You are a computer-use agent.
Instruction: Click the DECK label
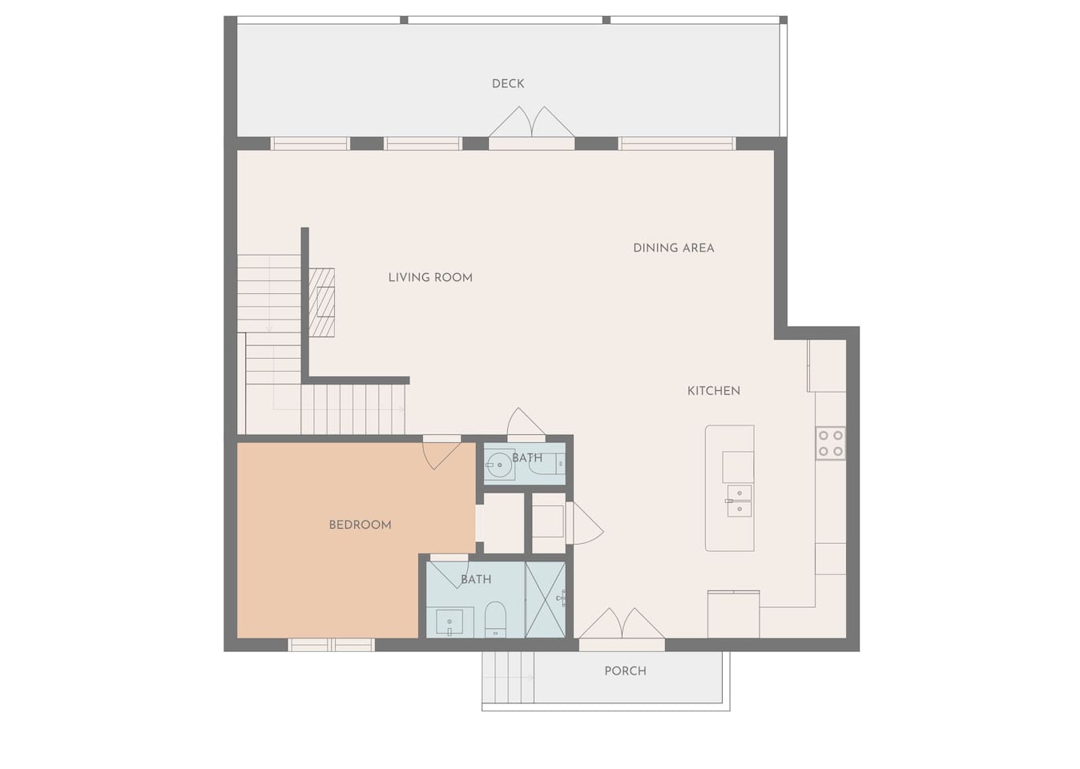(508, 83)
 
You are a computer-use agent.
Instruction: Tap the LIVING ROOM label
(430, 277)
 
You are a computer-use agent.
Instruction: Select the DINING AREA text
(673, 248)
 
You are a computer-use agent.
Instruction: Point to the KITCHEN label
(713, 391)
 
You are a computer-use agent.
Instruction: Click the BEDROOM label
(360, 525)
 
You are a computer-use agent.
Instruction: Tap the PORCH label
(625, 671)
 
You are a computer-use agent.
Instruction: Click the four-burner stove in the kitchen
(830, 444)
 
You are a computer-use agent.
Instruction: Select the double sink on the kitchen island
(739, 500)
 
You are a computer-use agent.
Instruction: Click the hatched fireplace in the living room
(322, 303)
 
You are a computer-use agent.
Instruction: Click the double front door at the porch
(622, 626)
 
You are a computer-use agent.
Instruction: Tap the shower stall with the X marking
(545, 599)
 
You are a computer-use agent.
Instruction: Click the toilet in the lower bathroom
(495, 619)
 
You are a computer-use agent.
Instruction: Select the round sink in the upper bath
(499, 464)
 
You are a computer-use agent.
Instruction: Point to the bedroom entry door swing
(441, 453)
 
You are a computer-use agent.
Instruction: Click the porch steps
(508, 678)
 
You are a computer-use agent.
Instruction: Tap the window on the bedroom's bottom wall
(331, 645)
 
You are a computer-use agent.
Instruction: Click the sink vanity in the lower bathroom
(449, 622)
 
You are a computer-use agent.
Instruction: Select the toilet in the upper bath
(549, 465)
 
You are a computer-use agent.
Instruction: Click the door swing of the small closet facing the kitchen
(584, 525)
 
